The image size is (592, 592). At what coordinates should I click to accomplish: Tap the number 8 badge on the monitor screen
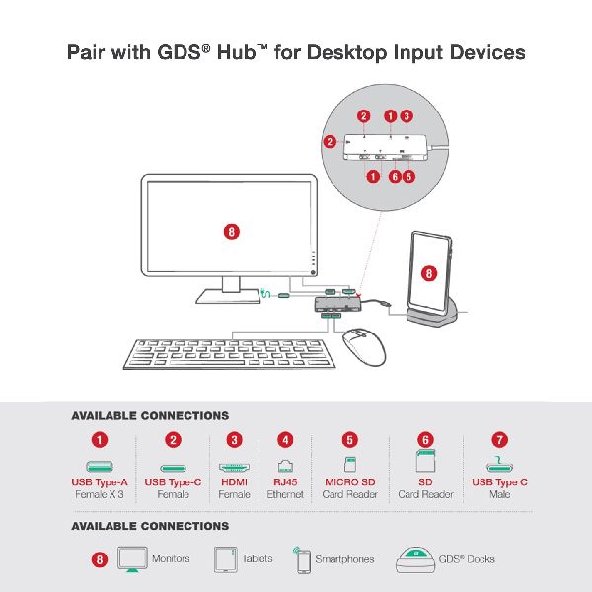232,232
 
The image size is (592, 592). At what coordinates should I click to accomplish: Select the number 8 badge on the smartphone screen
429,273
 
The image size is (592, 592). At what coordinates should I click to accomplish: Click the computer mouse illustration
364,347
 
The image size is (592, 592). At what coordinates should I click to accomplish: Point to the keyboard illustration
230,354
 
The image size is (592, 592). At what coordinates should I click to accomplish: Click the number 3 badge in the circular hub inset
407,115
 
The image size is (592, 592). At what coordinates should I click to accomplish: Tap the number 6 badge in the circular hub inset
395,176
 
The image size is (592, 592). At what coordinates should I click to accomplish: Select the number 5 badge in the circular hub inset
408,176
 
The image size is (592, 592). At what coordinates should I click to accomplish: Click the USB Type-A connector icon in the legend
100,467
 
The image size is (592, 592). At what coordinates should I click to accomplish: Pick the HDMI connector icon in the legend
234,468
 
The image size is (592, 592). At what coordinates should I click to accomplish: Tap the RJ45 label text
285,482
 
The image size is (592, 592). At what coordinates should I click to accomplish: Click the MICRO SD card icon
350,464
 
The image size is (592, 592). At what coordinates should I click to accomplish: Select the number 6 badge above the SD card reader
425,440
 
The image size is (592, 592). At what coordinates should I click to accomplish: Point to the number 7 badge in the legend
499,440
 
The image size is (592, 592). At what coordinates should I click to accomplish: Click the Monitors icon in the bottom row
132,559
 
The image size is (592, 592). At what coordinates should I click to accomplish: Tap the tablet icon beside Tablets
225,559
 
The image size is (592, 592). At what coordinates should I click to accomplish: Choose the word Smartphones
344,559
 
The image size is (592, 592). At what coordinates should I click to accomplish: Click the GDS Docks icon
415,559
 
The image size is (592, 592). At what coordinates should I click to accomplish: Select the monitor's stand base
228,296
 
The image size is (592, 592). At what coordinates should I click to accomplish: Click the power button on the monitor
313,272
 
